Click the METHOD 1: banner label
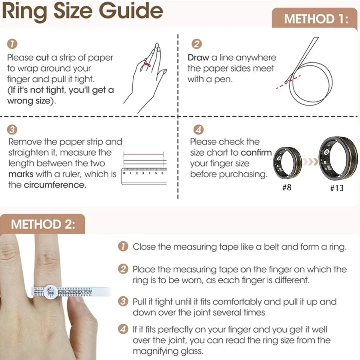pyautogui.click(x=316, y=19)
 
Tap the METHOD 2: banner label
pyautogui.click(x=43, y=224)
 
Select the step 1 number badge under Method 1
pyautogui.click(x=12, y=44)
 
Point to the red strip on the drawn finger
pyautogui.click(x=147, y=64)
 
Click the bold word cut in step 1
pyautogui.click(x=42, y=57)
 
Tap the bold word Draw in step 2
pyautogui.click(x=198, y=57)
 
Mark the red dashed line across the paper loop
pyautogui.click(x=288, y=82)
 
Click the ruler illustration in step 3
pyautogui.click(x=144, y=176)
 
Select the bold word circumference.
pyautogui.click(x=55, y=185)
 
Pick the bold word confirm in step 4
pyautogui.click(x=256, y=153)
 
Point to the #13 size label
pyautogui.click(x=337, y=188)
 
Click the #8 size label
pyautogui.click(x=287, y=187)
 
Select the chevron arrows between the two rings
pyautogui.click(x=310, y=162)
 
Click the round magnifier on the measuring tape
pyautogui.click(x=50, y=292)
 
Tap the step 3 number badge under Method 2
pyautogui.click(x=123, y=301)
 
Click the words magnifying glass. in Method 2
pyautogui.click(x=168, y=351)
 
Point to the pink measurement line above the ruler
pyautogui.click(x=144, y=154)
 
